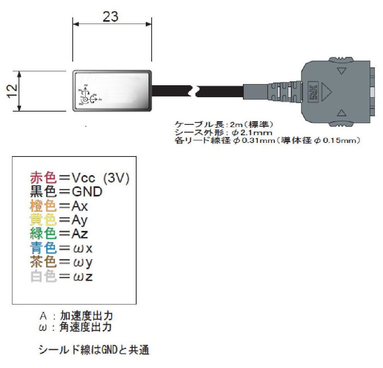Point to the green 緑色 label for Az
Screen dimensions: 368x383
(x=43, y=234)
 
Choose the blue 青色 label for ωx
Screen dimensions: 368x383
(x=43, y=248)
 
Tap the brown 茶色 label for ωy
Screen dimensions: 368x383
(x=43, y=262)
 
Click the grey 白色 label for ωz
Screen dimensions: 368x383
(x=43, y=277)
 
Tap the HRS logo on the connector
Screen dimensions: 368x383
(x=312, y=93)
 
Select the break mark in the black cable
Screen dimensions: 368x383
(x=196, y=92)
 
